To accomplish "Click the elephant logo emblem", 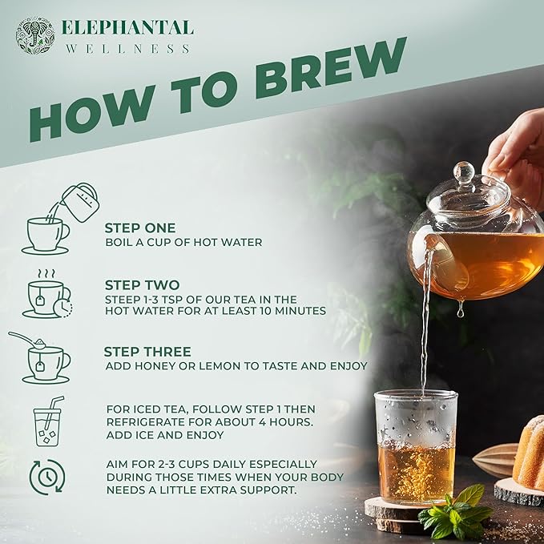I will tap(35, 36).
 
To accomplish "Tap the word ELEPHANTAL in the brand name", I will tap(128, 28).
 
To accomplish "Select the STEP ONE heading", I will tap(139, 228).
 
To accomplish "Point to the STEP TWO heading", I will tap(140, 284).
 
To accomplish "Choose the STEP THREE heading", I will tap(147, 352).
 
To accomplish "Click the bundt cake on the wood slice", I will tap(529, 457).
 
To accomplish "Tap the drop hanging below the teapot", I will tap(460, 311).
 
